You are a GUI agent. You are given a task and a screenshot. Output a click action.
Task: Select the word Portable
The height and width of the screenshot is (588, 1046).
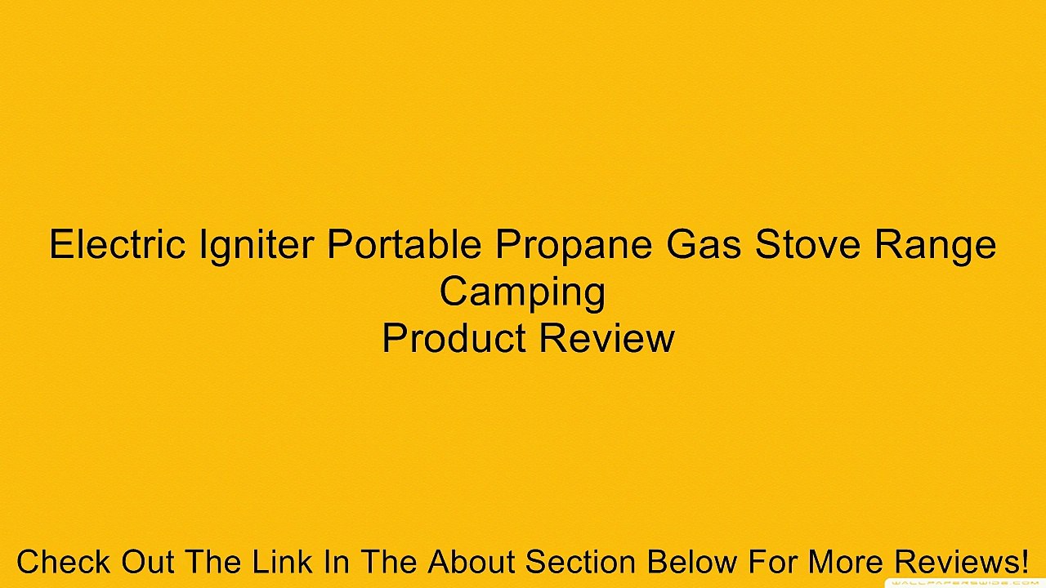pyautogui.click(x=405, y=244)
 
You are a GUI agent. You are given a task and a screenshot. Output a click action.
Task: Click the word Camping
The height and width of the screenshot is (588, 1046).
pyautogui.click(x=522, y=292)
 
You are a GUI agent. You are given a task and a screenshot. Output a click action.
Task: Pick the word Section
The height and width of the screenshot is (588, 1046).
pyautogui.click(x=582, y=563)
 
